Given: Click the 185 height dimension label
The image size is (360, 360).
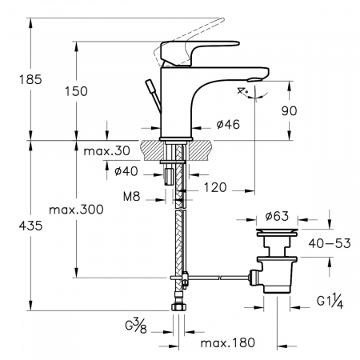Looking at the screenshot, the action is [30, 79].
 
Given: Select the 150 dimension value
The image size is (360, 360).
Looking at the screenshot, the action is [76, 91].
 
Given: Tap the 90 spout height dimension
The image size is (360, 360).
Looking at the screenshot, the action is [289, 110].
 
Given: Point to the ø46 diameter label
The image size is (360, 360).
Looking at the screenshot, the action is [228, 124].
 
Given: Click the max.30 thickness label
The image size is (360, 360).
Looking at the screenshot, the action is [107, 151].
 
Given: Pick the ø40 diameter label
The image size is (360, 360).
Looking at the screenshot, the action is [126, 171].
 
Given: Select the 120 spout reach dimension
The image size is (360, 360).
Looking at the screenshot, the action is [215, 187].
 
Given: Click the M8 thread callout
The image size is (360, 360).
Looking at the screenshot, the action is [132, 197].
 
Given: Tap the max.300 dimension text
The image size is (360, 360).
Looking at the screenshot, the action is [76, 210].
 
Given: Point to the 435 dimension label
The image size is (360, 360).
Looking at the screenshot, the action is [30, 226].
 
